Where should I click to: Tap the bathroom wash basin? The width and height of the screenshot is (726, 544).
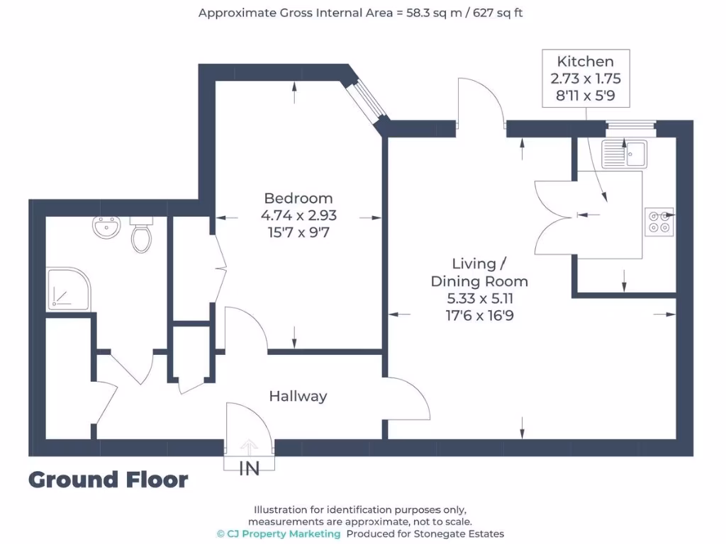[x=106, y=227]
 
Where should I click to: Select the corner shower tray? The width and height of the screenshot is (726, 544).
[x=69, y=289]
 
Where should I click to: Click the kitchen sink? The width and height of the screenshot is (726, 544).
[x=624, y=153]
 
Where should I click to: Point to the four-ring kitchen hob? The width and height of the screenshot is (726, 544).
[x=659, y=222]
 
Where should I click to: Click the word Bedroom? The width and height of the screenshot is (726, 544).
[x=298, y=198]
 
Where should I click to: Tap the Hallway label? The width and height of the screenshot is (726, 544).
[x=298, y=396]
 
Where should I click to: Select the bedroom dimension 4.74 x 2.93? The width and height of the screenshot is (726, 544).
[x=298, y=215]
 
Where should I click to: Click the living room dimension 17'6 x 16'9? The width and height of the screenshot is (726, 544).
[x=480, y=315]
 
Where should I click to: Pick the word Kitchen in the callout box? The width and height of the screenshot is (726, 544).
[x=585, y=61]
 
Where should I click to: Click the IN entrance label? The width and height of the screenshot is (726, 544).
[x=249, y=469]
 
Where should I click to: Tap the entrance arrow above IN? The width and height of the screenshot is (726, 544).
[x=249, y=447]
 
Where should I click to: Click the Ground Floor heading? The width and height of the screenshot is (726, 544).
[x=108, y=480]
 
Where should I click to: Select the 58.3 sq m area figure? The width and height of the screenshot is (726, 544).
[x=434, y=13]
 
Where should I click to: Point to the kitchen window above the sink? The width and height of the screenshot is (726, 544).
[x=631, y=125]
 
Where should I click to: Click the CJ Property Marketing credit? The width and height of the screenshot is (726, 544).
[x=279, y=534]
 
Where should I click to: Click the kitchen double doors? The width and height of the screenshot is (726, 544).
[x=556, y=217]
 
